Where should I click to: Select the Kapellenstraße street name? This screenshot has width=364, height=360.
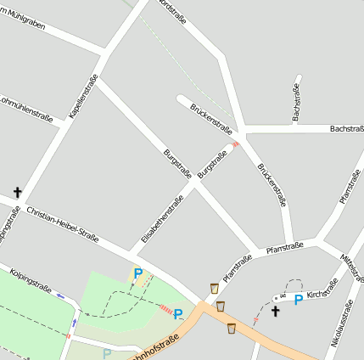(x=83, y=95)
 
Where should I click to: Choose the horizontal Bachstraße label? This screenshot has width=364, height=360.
(x=346, y=128)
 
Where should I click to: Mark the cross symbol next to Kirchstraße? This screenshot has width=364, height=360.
(x=275, y=312)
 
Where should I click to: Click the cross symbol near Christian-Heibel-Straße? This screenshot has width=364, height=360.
(x=17, y=193)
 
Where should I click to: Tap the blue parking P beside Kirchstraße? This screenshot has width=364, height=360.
(x=298, y=300)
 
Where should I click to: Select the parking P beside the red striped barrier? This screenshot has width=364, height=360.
(x=178, y=314)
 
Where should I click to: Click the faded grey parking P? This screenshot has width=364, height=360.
(x=107, y=353)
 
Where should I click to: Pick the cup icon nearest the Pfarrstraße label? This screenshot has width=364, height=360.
(x=213, y=288)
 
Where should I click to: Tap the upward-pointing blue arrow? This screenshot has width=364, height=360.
(x=76, y=323)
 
